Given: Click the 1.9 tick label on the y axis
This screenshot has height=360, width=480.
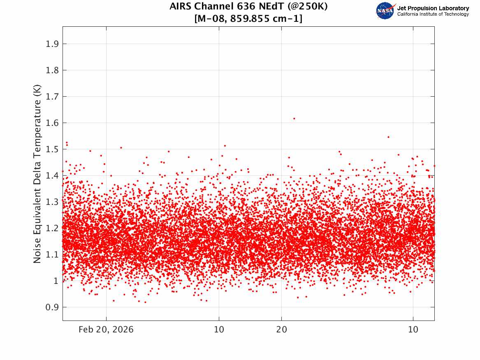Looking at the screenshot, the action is point(52,44).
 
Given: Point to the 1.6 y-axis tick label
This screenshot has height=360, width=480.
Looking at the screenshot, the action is point(52,123).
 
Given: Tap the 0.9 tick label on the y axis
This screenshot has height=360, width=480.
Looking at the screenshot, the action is point(52,307).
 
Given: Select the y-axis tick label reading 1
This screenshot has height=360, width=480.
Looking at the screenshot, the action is point(56,281).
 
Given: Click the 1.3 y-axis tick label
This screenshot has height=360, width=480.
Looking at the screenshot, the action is point(52,202).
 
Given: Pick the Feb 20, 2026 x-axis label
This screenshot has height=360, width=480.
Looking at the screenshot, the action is point(106,330).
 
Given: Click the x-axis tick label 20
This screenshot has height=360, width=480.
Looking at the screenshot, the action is point(282,330).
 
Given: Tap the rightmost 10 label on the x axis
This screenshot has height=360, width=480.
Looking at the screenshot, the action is point(413,330).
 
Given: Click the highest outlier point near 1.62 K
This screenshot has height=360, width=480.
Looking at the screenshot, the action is point(294,118).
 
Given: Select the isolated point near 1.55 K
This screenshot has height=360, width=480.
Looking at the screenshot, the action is point(388,137).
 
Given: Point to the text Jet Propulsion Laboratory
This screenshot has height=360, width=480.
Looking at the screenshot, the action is point(433,8).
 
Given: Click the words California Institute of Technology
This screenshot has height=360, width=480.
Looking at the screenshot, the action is point(433,14).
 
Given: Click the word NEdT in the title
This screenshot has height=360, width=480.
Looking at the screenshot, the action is point(270,6).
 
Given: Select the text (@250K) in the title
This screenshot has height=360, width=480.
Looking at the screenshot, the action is point(308,6).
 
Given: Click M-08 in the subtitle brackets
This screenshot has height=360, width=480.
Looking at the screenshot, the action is point(211,19).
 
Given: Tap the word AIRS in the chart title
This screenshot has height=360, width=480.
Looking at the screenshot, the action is point(181,6).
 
